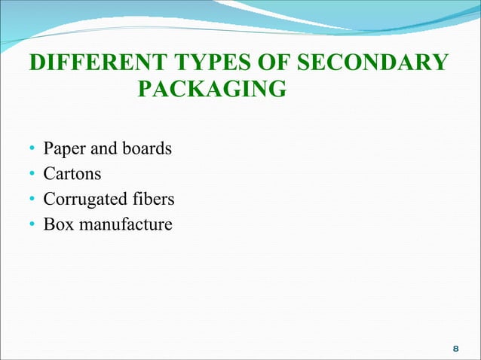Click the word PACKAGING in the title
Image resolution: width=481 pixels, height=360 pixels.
(x=213, y=91)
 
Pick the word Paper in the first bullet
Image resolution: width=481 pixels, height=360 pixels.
(x=65, y=148)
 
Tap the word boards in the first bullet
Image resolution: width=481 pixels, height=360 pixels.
(x=146, y=148)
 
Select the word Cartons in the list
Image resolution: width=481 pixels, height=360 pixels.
(x=72, y=174)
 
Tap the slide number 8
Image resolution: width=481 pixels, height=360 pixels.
(x=455, y=349)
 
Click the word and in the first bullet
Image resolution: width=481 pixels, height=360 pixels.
(x=103, y=148)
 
